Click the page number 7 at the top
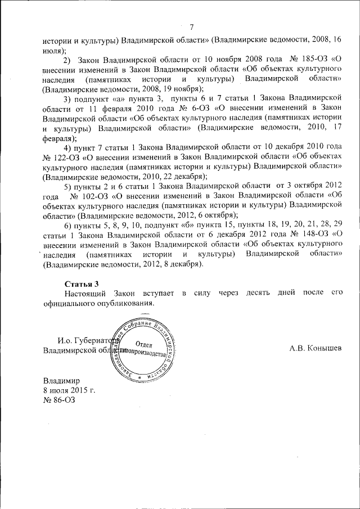pos(192,28)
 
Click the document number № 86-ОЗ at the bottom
pos(58,400)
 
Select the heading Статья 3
pos(82,283)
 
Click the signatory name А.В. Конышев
pos(316,349)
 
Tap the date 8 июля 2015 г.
pos(70,390)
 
